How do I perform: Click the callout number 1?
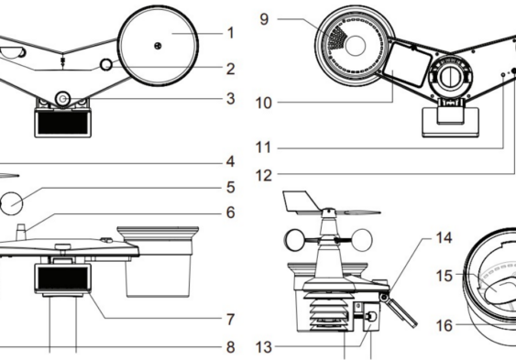231,33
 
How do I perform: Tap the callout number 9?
264,19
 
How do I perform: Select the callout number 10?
264,103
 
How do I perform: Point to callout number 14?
444,237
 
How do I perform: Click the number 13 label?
264,347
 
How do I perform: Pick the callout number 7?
231,319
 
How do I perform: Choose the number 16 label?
444,325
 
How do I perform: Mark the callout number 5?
231,188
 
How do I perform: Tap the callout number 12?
264,176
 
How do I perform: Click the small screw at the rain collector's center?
158,46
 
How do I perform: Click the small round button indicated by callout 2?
106,64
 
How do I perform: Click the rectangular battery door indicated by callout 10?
409,65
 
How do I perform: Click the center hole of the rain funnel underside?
356,46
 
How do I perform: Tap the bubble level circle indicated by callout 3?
62,99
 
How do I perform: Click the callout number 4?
231,161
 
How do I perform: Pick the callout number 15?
444,276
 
